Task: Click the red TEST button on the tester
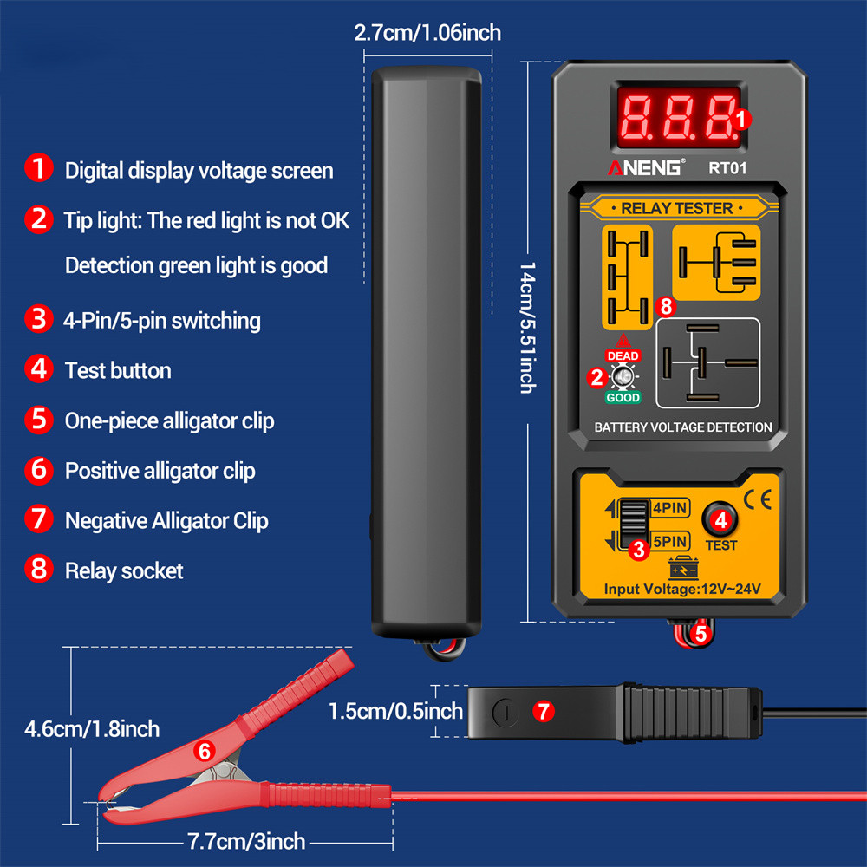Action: click(720, 519)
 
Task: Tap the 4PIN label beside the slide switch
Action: click(670, 507)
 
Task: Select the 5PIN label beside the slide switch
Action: click(670, 541)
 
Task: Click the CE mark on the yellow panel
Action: click(758, 500)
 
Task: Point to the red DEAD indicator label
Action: click(623, 355)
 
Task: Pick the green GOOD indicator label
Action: click(623, 397)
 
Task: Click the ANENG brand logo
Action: click(646, 167)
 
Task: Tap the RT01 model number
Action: click(727, 168)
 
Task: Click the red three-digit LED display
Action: click(679, 117)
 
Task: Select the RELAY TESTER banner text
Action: click(677, 208)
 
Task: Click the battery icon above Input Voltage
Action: click(683, 569)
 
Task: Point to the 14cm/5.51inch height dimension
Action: click(527, 328)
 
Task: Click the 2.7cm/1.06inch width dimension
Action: click(427, 33)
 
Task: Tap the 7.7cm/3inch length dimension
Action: click(246, 841)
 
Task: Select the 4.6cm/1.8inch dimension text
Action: click(92, 729)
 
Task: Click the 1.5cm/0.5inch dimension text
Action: click(395, 711)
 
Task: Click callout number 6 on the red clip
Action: click(204, 751)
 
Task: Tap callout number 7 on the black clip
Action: click(544, 711)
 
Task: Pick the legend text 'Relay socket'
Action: click(124, 570)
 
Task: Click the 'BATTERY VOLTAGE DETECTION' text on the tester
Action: click(683, 427)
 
